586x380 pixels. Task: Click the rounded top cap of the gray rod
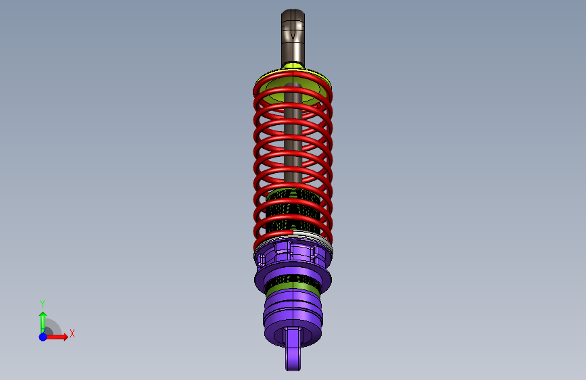pos(293,14)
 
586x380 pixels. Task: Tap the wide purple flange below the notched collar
pos(293,279)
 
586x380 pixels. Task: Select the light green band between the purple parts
pos(293,287)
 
